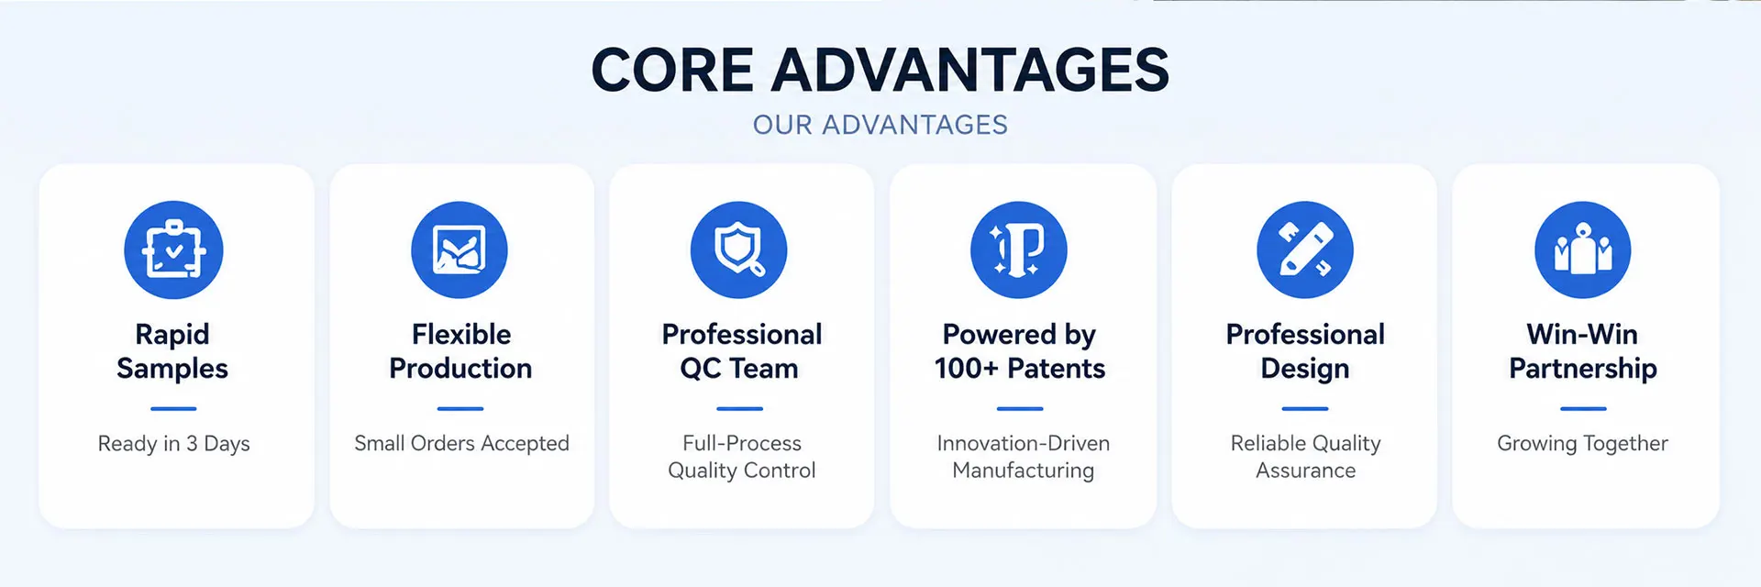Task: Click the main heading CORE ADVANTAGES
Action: click(880, 70)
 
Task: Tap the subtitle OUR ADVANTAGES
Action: click(880, 125)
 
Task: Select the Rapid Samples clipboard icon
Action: click(173, 249)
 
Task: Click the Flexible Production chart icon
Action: click(460, 249)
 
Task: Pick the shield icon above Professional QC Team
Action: click(739, 249)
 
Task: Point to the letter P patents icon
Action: click(1019, 249)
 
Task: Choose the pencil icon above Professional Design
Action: click(1305, 249)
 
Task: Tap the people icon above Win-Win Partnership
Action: click(1583, 249)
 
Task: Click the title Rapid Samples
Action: click(172, 351)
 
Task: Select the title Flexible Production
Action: click(460, 351)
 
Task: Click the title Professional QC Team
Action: click(741, 351)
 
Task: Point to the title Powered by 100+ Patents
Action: click(1020, 351)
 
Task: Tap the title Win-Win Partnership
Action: click(1583, 351)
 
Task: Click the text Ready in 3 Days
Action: click(174, 444)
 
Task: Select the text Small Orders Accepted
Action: click(461, 444)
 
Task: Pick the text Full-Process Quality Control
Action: click(742, 457)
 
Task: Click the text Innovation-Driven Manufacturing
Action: click(1024, 457)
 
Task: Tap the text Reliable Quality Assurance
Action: click(1306, 457)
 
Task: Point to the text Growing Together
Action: click(1583, 444)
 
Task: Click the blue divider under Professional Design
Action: click(1305, 408)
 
